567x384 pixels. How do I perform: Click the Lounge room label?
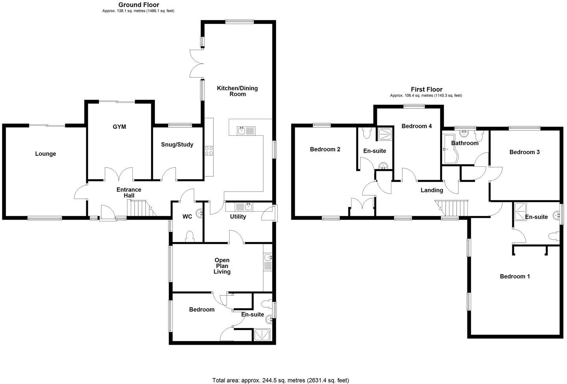(46, 154)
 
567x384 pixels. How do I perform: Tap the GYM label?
(119, 127)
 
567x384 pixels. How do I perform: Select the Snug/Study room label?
(177, 144)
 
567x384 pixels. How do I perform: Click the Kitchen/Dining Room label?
(237, 91)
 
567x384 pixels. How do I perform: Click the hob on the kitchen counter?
(209, 150)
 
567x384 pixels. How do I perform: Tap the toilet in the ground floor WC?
(189, 236)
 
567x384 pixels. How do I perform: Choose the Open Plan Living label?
(222, 266)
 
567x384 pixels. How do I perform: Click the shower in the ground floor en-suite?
(262, 335)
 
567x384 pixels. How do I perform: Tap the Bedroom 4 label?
(417, 126)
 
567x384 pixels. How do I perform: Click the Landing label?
(432, 190)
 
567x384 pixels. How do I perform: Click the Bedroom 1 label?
(515, 277)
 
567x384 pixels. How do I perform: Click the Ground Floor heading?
(139, 5)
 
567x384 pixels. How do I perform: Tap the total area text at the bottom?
(280, 380)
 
